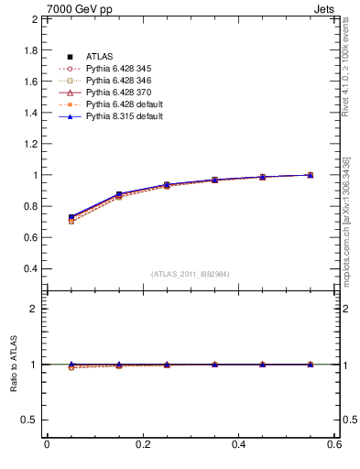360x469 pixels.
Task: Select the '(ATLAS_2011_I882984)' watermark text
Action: pos(190,274)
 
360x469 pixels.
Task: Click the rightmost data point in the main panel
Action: pos(311,174)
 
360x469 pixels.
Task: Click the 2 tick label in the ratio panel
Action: pos(32,309)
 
